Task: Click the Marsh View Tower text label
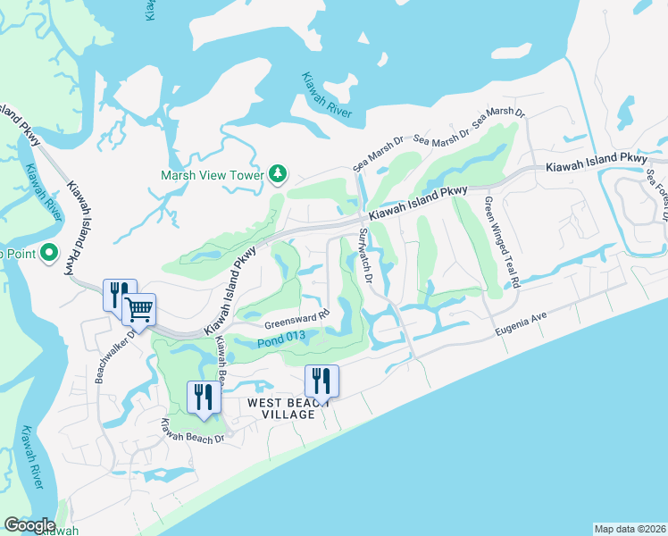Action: tap(212, 175)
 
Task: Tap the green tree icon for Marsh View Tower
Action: tap(278, 172)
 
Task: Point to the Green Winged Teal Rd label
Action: tap(502, 241)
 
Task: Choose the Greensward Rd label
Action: tap(297, 320)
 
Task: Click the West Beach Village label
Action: tap(281, 409)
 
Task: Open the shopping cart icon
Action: tap(138, 309)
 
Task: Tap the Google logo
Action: tap(29, 525)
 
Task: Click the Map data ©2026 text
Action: tap(630, 528)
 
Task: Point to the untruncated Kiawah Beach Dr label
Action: tap(189, 431)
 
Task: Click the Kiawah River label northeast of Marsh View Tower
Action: tap(327, 96)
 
